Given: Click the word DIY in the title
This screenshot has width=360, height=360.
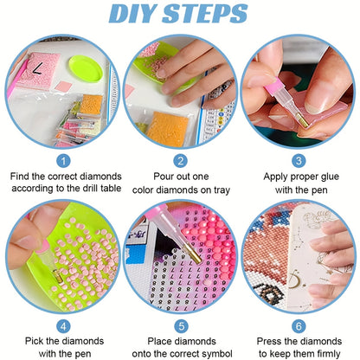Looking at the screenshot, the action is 133,14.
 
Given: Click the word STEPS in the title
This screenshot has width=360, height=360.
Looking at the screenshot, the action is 205,14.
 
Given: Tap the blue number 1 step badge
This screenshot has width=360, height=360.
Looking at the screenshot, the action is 63,161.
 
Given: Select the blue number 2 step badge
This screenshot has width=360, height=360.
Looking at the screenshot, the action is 181,161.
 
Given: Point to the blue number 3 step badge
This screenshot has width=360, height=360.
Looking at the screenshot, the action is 299,161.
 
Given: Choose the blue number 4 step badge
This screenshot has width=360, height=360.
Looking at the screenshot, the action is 63,326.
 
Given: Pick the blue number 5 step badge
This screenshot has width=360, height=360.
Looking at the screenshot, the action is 181,326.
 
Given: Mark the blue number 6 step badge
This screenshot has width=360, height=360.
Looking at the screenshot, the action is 299,326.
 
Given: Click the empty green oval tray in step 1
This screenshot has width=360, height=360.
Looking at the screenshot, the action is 86,68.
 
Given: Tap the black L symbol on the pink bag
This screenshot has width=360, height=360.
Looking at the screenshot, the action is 38,68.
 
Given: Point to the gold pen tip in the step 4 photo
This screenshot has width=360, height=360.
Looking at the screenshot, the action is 57,276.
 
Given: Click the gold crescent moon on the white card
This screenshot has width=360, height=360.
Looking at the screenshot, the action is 293,280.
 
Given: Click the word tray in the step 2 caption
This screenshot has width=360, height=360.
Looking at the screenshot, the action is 222,190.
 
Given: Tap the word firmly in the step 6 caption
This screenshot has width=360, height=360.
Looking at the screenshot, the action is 329,354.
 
